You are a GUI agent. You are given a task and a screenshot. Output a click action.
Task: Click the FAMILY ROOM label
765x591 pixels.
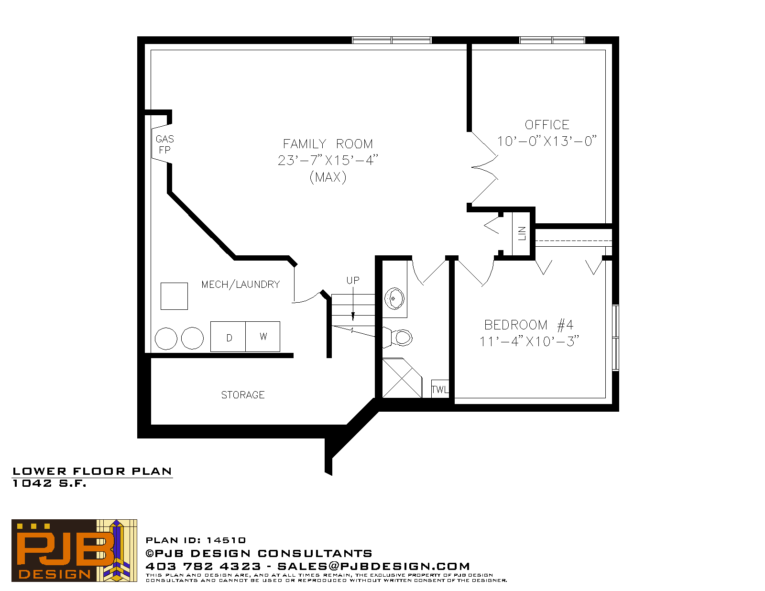[328, 143]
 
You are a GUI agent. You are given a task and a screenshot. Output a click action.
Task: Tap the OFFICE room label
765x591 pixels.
[546, 125]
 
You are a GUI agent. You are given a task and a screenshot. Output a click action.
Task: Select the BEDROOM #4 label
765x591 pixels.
[529, 325]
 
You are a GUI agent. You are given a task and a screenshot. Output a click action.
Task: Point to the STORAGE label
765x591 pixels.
[243, 395]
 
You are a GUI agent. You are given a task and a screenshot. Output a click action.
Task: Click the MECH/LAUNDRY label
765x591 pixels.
[241, 285]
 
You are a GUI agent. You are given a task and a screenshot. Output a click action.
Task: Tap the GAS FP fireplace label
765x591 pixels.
[165, 144]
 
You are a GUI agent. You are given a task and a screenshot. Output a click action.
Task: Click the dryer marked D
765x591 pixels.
[228, 337]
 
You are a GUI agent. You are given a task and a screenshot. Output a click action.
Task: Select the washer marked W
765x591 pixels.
[262, 337]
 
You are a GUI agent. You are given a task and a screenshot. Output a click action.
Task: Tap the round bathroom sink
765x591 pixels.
[394, 298]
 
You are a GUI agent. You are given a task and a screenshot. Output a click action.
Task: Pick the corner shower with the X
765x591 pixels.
[402, 378]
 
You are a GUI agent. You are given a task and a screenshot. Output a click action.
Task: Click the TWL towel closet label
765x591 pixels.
[440, 389]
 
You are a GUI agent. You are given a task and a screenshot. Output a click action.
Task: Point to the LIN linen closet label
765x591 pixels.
[522, 233]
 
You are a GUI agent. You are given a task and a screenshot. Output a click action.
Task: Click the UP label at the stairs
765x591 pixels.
[353, 280]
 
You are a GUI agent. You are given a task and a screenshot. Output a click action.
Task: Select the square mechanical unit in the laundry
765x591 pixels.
[174, 296]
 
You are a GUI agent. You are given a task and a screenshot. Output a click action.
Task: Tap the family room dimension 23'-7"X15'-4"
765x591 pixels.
[328, 160]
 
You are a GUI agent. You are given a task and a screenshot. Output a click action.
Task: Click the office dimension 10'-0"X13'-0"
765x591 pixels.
[546, 141]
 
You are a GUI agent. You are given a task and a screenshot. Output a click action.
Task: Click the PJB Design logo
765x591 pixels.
[74, 550]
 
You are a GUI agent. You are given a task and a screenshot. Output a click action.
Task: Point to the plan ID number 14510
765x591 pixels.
[226, 540]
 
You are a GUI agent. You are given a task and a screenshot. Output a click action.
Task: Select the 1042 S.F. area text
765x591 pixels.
[50, 483]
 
